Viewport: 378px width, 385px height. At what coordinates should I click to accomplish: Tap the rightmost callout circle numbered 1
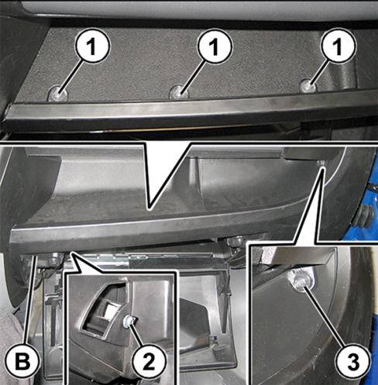(337, 46)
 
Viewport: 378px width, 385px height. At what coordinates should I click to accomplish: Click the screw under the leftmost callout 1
(58, 94)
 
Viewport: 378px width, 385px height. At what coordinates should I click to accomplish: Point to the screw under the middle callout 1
(179, 91)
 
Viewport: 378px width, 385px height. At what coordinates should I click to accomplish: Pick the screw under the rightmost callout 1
(308, 86)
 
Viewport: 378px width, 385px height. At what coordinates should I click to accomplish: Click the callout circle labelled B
(22, 363)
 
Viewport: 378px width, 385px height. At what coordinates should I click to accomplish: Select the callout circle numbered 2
(149, 362)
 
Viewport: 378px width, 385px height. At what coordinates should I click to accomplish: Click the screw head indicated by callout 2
(129, 321)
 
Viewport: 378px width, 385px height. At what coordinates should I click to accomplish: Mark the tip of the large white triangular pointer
(149, 208)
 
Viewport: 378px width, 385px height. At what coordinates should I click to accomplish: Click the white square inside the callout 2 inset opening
(109, 308)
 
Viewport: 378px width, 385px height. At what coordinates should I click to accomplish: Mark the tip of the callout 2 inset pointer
(72, 254)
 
